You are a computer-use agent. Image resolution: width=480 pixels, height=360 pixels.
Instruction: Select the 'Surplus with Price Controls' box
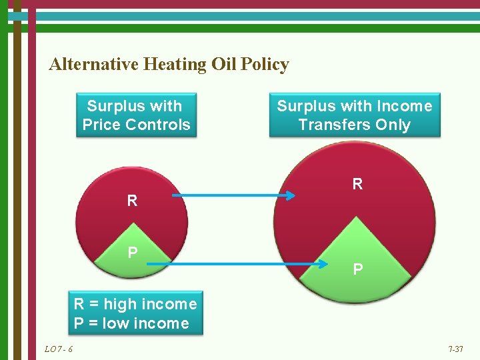(136, 115)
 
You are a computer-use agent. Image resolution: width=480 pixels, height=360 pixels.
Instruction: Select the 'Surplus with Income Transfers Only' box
(354, 115)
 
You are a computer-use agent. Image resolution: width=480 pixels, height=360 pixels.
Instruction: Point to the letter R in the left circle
(132, 201)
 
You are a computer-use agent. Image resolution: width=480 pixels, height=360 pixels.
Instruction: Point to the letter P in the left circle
(133, 252)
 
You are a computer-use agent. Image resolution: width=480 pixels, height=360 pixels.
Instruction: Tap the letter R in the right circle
(357, 184)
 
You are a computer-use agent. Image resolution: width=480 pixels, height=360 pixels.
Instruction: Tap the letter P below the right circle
(358, 269)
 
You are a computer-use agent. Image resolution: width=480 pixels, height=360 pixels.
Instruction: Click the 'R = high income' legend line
(135, 304)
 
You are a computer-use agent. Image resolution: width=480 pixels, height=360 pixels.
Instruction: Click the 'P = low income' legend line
(131, 323)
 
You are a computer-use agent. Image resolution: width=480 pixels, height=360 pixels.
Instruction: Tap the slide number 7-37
(455, 349)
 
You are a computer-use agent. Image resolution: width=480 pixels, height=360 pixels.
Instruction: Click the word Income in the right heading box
(405, 106)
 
